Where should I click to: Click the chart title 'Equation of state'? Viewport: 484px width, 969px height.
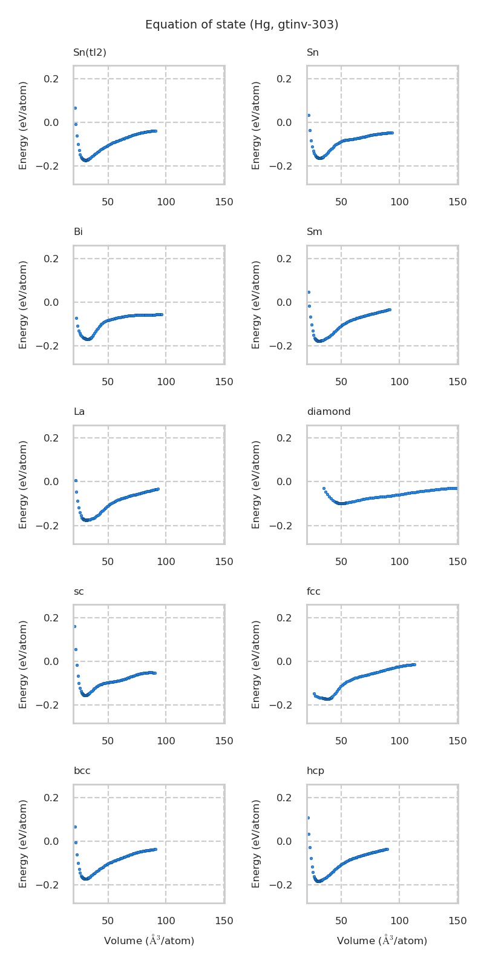point(241,25)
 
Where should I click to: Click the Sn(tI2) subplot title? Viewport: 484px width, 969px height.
point(90,53)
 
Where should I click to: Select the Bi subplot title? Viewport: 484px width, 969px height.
point(78,232)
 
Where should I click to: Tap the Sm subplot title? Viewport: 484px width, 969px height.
point(314,232)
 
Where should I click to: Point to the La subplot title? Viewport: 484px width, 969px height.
point(79,412)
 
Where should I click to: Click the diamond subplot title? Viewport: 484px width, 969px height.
point(329,412)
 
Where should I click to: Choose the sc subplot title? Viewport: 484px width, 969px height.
point(79,592)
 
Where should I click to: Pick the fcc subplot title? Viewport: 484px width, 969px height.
point(313,592)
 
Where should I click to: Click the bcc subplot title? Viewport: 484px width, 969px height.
point(82,771)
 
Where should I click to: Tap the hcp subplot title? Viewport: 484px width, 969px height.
point(315,771)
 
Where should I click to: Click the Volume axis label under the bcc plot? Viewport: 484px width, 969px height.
point(149,941)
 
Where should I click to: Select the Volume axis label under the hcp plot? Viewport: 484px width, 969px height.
point(382,941)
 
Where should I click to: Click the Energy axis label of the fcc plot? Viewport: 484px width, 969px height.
point(257,664)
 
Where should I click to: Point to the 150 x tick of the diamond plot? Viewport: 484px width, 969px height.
point(457,562)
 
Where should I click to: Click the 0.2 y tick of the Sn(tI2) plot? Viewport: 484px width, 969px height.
point(51,79)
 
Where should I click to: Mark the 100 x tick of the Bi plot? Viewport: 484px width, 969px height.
point(166,382)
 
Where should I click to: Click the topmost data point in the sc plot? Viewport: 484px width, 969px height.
point(74,626)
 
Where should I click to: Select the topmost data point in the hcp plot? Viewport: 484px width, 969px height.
point(308,818)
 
